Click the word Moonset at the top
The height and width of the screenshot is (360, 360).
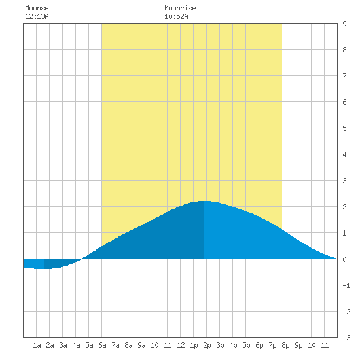[x=39, y=8]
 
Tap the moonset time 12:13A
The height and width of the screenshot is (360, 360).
[x=37, y=16]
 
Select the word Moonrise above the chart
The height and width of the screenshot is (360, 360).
[x=180, y=8]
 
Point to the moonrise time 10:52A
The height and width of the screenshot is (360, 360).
[x=176, y=16]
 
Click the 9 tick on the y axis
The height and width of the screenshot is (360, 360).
[x=344, y=24]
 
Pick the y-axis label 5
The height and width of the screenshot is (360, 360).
[x=344, y=128]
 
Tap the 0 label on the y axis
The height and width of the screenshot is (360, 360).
[x=344, y=259]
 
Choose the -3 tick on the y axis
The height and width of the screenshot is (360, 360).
[x=346, y=338]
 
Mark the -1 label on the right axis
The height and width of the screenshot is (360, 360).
[x=346, y=285]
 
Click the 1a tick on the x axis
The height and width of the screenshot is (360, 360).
[x=37, y=345]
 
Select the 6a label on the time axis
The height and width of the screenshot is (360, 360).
[x=102, y=345]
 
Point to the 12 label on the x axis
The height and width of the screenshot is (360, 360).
[x=181, y=345]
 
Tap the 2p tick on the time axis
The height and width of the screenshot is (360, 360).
[x=207, y=345]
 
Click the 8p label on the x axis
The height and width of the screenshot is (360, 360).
[x=285, y=345]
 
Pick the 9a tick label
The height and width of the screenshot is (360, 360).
[x=141, y=345]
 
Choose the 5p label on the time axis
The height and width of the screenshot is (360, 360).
[x=246, y=345]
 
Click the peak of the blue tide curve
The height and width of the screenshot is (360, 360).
[x=204, y=201]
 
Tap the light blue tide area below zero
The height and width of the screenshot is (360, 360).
[x=33, y=263]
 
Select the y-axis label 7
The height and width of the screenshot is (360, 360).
[x=344, y=76]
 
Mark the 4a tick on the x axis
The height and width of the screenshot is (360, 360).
[x=76, y=345]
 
